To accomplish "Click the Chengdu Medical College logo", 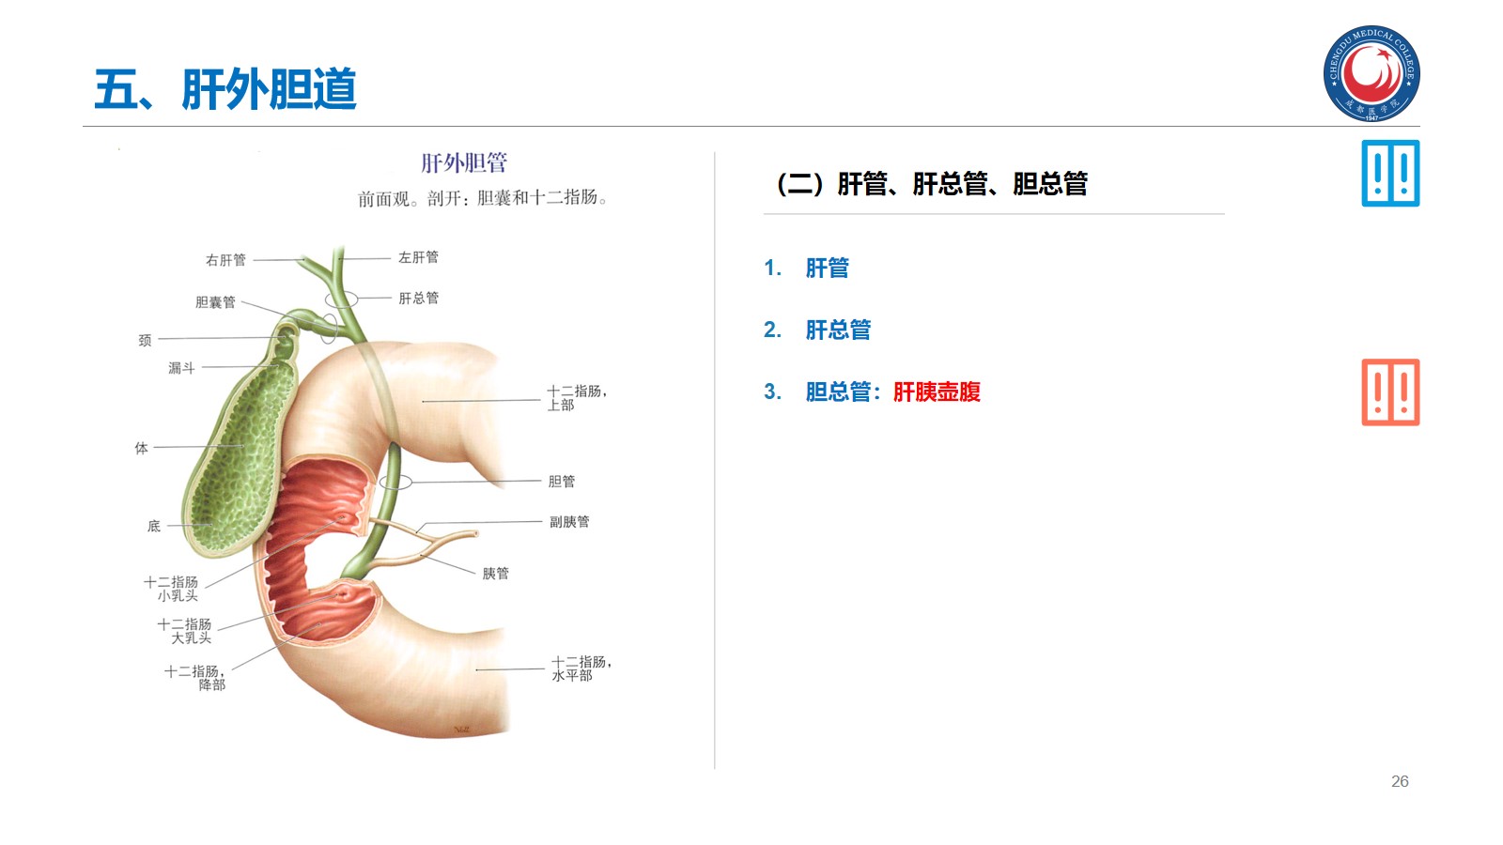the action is (x=1371, y=73).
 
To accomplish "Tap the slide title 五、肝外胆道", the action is (x=225, y=89).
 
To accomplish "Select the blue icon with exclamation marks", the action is (x=1390, y=174).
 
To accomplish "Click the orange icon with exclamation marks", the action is (x=1390, y=392).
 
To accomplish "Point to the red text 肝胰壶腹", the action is (x=937, y=392).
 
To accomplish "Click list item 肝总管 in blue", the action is (x=838, y=330).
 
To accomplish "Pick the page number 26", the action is (x=1400, y=781).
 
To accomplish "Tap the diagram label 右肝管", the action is (x=225, y=260).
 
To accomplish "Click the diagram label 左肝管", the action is (x=418, y=257).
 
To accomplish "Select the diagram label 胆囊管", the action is (x=215, y=302).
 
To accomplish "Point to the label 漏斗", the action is (x=181, y=368).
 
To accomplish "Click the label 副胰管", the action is (x=569, y=522).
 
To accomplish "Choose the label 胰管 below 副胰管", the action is (x=495, y=574).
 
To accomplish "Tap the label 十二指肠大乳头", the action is (x=185, y=631).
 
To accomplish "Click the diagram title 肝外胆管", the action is (x=464, y=163).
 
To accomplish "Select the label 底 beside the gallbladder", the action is (x=154, y=527).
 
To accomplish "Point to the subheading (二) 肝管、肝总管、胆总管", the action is (x=932, y=184).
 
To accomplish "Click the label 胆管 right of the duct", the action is (x=561, y=482).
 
